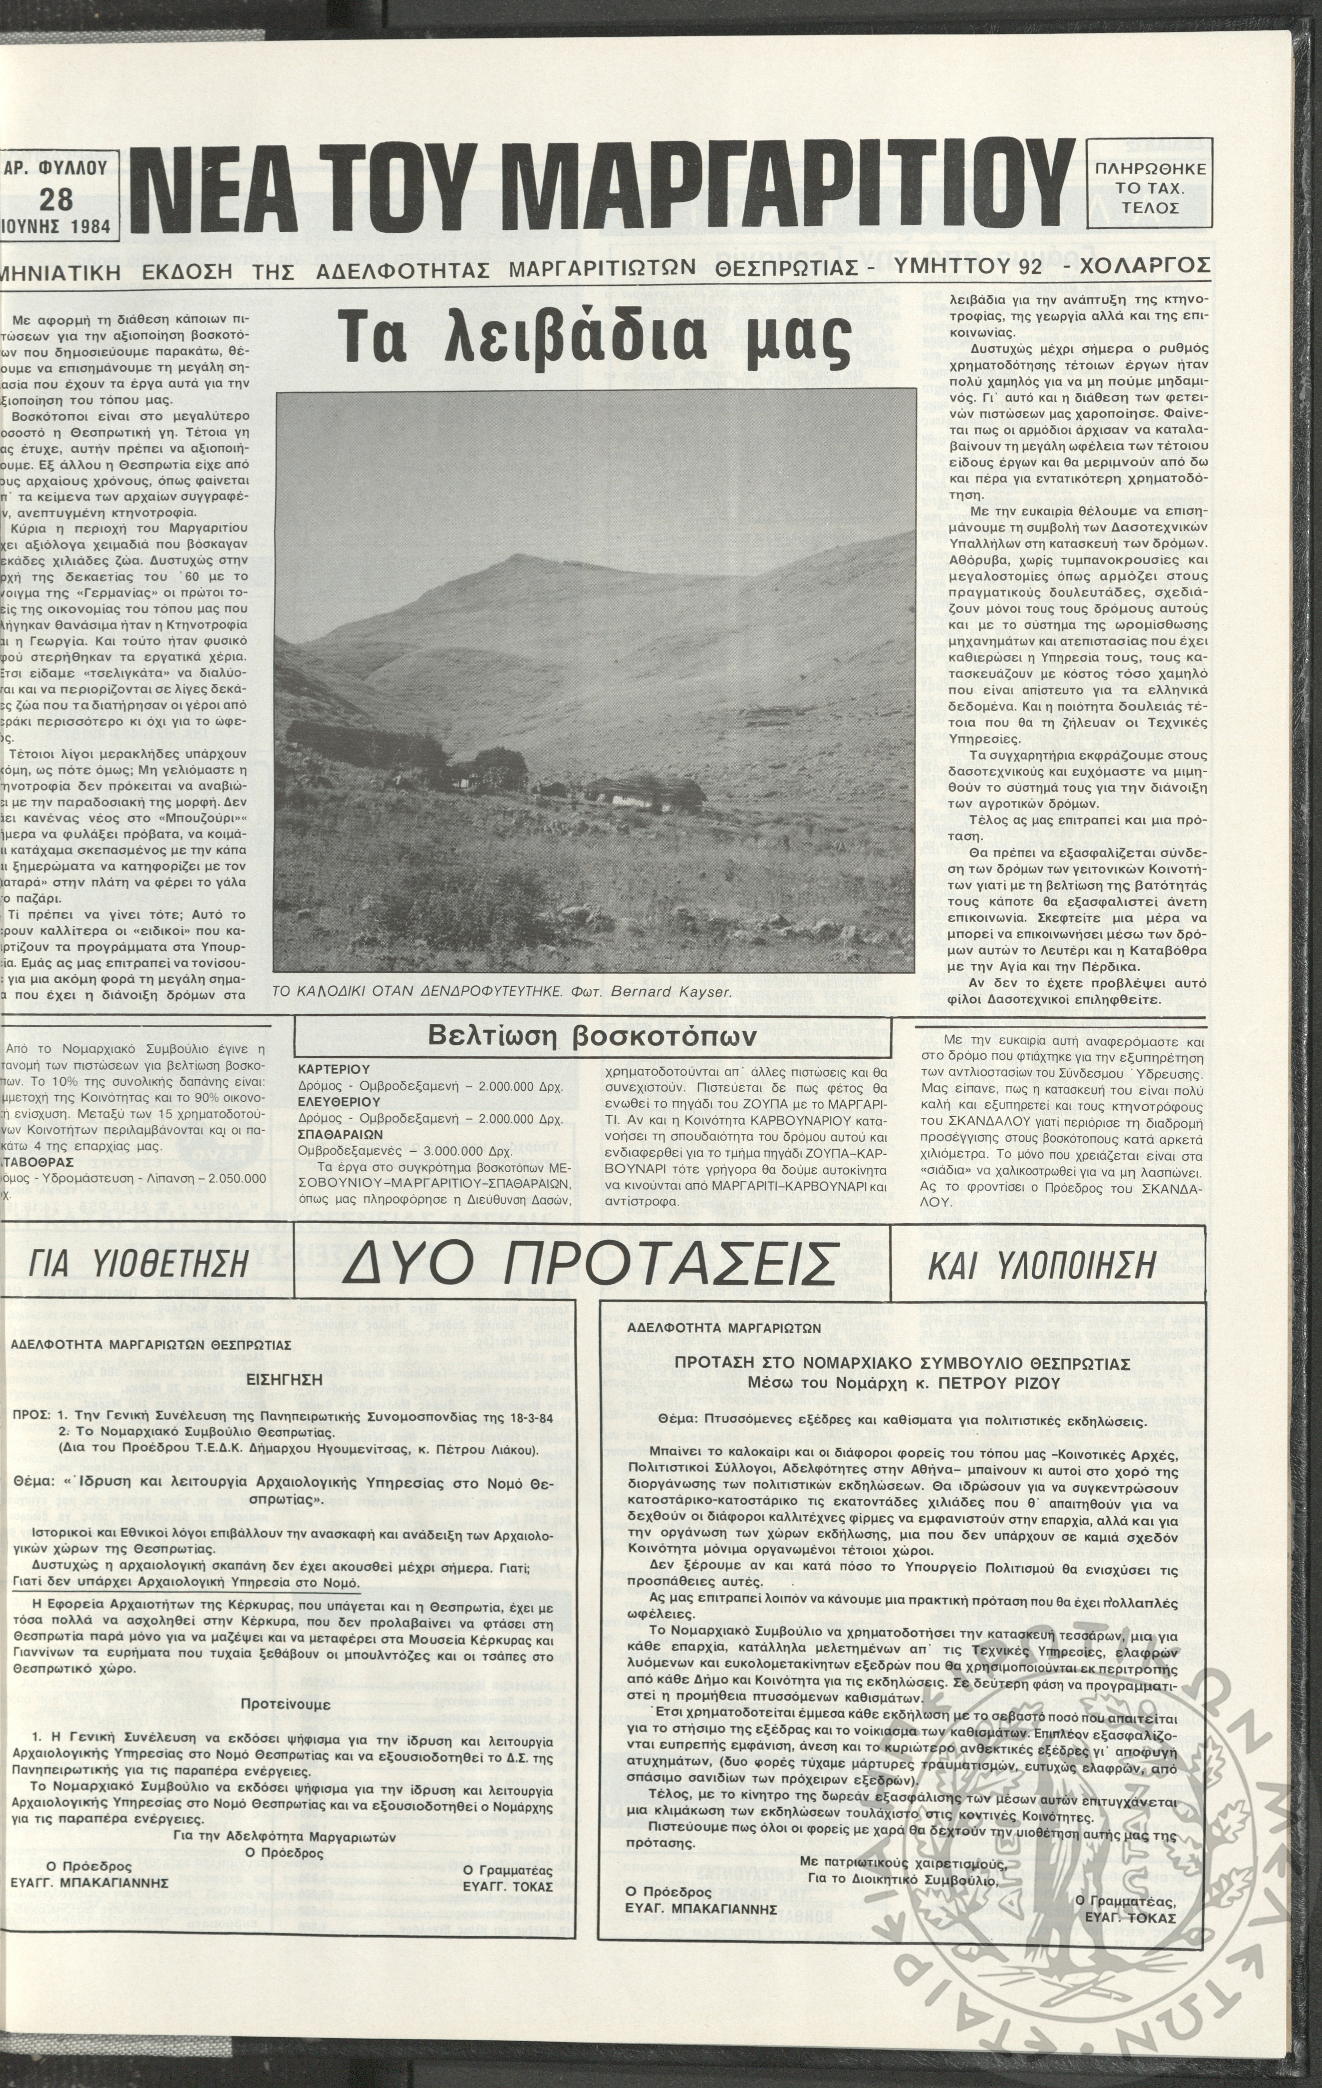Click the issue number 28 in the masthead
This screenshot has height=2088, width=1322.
coord(57,199)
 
